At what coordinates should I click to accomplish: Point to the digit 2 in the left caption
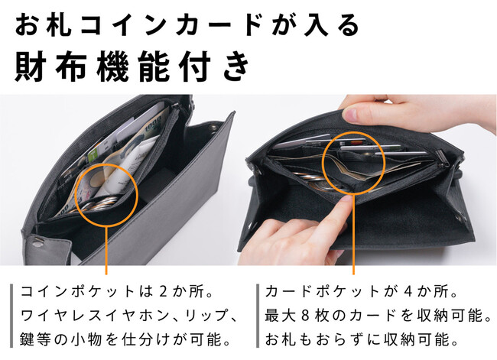point(163,291)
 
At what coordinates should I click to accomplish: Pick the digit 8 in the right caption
point(305,316)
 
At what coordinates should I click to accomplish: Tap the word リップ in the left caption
point(206,316)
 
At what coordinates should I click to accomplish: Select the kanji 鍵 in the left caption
point(28,339)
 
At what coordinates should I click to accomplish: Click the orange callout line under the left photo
point(106,251)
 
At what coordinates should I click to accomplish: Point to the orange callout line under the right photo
point(353,235)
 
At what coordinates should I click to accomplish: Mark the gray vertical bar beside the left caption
point(11,316)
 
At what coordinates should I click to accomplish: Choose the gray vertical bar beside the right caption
point(258,316)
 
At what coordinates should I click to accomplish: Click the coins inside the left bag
point(99,204)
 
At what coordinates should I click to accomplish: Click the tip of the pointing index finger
point(348,199)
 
